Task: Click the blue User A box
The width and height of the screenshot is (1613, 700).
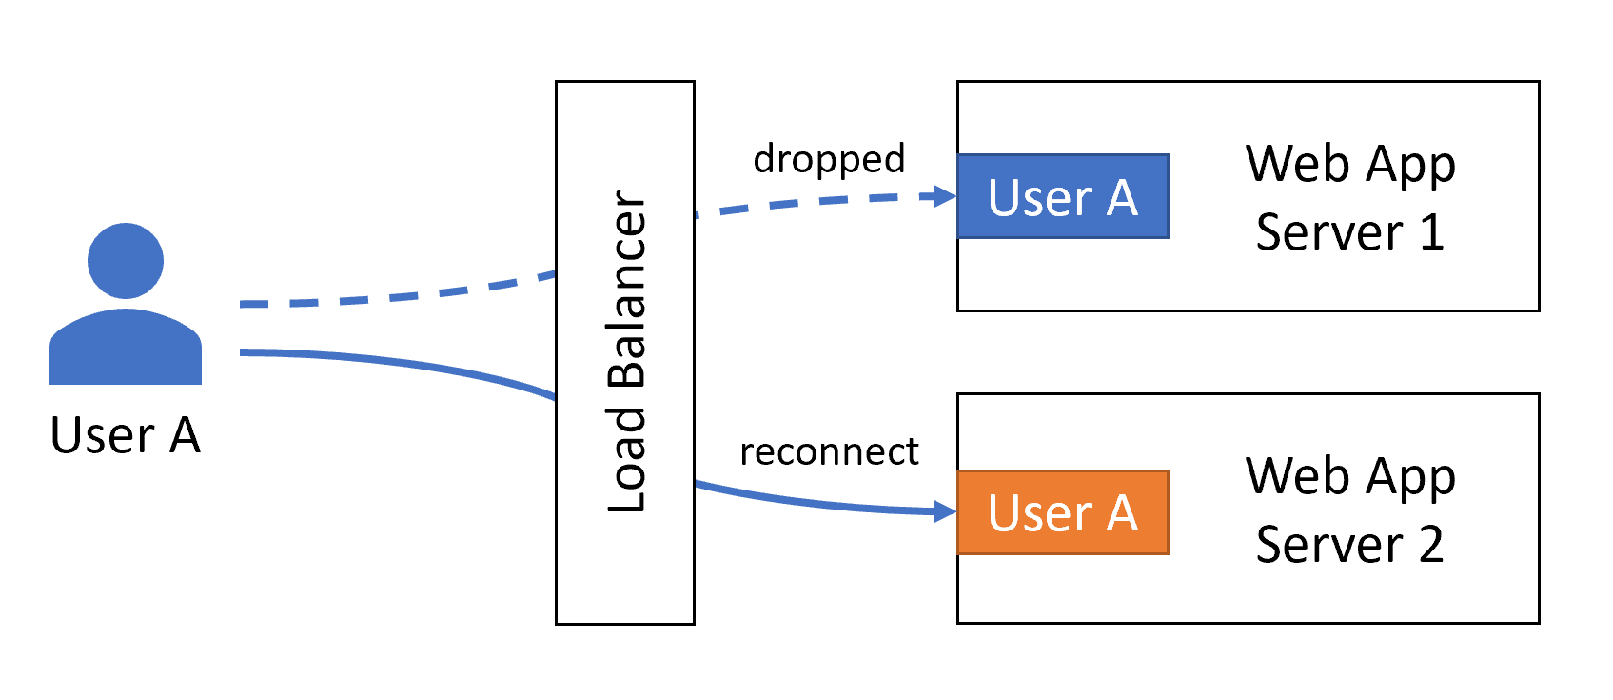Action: coord(1062,196)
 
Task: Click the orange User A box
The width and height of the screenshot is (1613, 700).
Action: coord(1062,512)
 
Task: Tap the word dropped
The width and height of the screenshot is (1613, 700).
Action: coord(829,159)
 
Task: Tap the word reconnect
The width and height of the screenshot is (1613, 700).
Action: coord(829,451)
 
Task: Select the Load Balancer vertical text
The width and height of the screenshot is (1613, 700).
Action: coord(626,352)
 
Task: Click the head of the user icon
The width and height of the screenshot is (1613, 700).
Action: coord(126,260)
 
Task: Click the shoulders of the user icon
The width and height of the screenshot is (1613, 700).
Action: coord(126,348)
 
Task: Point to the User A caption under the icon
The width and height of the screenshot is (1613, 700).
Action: coord(126,435)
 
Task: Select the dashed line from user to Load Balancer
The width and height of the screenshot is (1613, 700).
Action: coord(400,296)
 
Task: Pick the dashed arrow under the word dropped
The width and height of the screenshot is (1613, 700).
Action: coord(818,201)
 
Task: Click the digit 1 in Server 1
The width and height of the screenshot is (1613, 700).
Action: coord(1431,232)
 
